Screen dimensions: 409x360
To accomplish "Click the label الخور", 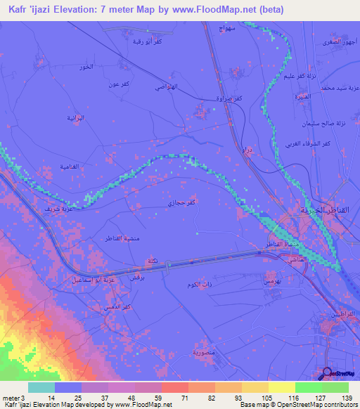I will pyautogui.click(x=86, y=67).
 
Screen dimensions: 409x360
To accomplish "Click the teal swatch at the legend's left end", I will pyautogui.click(x=41, y=387).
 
